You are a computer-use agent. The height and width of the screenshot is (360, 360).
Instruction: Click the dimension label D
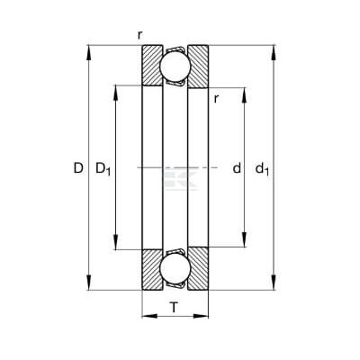(x=78, y=167)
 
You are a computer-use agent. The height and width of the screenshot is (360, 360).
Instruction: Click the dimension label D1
(x=103, y=169)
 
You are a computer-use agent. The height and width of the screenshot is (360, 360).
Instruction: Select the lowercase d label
(x=237, y=167)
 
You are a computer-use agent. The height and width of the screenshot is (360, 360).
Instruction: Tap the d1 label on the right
(x=262, y=169)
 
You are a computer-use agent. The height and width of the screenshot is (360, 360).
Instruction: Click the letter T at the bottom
(x=174, y=308)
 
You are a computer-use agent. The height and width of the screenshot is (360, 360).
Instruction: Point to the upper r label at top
(x=139, y=35)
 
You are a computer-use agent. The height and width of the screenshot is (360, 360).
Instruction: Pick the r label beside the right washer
(x=216, y=99)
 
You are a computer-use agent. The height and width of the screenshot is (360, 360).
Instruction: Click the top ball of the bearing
(x=175, y=67)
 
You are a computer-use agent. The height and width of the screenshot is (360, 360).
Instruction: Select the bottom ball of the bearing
(x=175, y=269)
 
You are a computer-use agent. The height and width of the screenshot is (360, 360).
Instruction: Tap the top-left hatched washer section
(x=151, y=66)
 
